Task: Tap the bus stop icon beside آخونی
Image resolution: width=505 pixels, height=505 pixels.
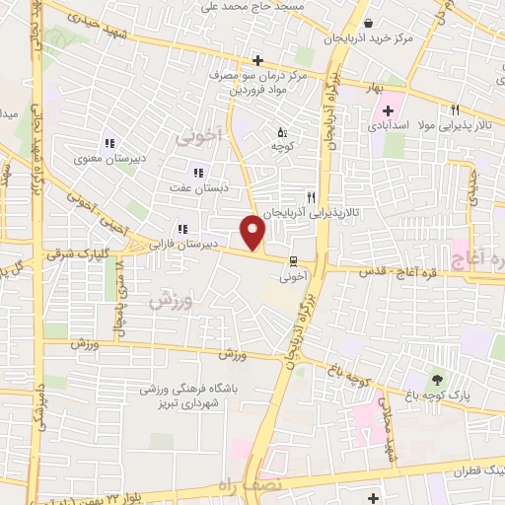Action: [x=292, y=261]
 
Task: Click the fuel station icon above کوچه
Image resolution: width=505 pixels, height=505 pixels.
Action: [x=282, y=131]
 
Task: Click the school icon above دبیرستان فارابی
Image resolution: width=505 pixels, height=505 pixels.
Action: [x=180, y=226]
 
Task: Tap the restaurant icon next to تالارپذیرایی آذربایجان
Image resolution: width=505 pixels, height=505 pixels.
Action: [x=312, y=197]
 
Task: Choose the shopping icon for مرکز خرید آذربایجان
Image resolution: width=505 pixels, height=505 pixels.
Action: [x=368, y=24]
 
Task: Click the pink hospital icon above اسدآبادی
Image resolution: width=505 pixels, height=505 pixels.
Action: [x=388, y=110]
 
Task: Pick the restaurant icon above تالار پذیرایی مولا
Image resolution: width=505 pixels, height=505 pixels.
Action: [x=455, y=110]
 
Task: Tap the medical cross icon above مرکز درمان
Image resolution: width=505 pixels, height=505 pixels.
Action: [x=258, y=60]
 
